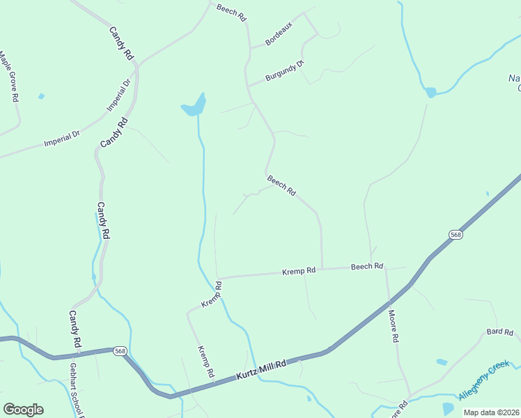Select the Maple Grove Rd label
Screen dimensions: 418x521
(8, 77)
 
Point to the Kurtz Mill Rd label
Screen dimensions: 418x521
(261, 369)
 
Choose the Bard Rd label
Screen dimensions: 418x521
(499, 332)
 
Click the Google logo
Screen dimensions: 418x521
(23, 410)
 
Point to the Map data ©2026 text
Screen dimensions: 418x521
(490, 412)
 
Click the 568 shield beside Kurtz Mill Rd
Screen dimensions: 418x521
(120, 352)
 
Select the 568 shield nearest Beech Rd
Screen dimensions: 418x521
(455, 235)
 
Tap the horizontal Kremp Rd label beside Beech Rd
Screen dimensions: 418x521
(298, 270)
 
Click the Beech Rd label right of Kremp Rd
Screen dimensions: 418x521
(367, 267)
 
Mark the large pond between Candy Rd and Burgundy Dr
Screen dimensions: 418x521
(194, 105)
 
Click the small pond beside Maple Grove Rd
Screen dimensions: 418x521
(41, 96)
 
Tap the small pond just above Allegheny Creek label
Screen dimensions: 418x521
(441, 362)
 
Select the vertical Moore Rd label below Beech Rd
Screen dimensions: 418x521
(394, 326)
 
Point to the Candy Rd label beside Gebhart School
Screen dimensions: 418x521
(75, 331)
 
